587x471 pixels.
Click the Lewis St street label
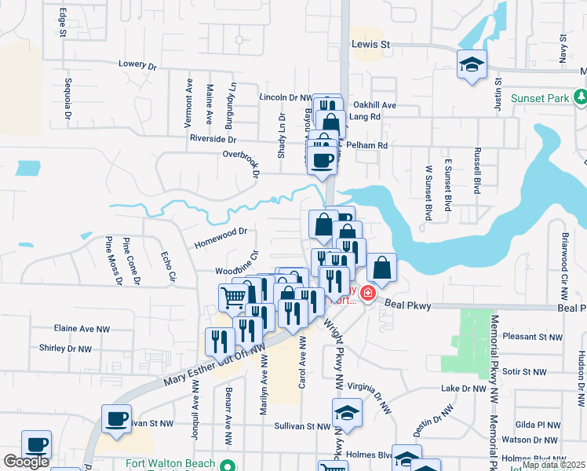pos(370,45)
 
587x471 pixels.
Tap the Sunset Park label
pos(541,98)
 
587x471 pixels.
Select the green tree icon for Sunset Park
pos(580,97)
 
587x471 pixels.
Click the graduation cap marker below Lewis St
pos(472,65)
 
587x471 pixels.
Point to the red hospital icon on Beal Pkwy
pos(367,293)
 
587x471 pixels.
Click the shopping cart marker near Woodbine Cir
pos(234,297)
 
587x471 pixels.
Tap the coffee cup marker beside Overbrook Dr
pos(322,161)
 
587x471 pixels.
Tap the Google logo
pos(26,462)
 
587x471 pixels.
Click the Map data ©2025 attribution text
pos(553,465)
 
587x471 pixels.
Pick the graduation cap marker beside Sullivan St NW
pos(347,412)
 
